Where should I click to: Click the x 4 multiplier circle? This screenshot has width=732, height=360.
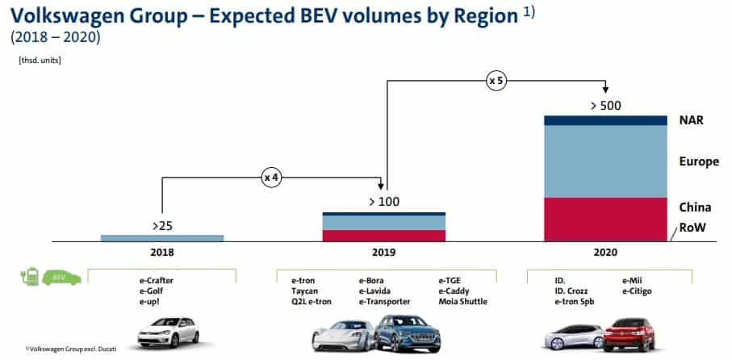[271, 177]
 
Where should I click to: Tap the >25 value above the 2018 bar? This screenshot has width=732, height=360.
[161, 226]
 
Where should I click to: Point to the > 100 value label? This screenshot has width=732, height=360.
[383, 202]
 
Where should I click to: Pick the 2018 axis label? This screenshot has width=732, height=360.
[161, 253]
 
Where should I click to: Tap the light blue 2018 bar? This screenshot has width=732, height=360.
[161, 237]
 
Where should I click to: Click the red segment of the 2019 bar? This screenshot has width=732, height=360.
[383, 235]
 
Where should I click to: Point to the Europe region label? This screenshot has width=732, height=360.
[699, 162]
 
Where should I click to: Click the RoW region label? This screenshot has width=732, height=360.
[692, 228]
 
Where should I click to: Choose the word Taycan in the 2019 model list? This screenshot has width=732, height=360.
[306, 291]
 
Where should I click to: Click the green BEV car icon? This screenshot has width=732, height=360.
[61, 278]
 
